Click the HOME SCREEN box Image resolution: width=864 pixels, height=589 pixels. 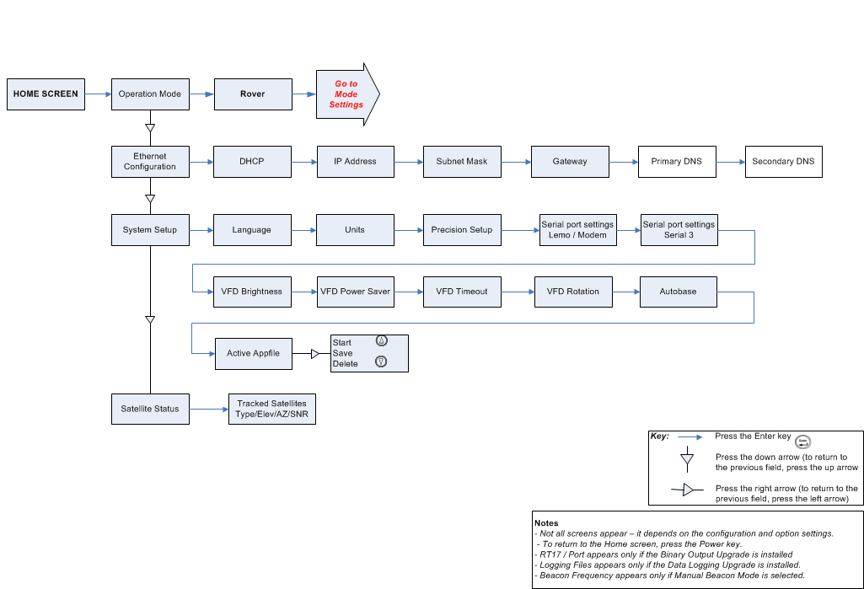point(46,94)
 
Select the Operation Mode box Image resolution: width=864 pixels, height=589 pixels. point(150,94)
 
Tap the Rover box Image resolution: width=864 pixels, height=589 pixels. point(253,94)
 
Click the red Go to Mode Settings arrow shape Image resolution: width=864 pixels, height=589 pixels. point(347,94)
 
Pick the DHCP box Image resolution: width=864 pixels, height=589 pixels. point(252,162)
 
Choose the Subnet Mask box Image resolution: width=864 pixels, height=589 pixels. point(462,162)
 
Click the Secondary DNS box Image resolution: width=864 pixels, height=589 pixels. point(784,162)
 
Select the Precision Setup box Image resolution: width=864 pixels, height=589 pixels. point(462,230)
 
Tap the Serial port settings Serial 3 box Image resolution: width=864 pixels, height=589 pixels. point(679,230)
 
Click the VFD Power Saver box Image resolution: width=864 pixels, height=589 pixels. point(356,292)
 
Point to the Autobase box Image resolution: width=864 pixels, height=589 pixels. point(679,292)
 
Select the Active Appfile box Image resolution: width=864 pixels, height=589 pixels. point(254,354)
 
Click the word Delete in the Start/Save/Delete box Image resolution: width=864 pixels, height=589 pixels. point(345,364)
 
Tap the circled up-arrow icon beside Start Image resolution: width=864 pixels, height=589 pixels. point(381,341)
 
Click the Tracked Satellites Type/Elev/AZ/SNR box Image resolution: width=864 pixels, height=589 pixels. point(272,409)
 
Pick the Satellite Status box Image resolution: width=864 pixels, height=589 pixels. point(150,409)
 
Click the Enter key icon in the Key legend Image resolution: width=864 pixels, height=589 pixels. point(802,442)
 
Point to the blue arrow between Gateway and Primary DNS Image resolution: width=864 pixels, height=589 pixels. point(624,162)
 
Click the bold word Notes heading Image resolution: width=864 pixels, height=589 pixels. point(546,523)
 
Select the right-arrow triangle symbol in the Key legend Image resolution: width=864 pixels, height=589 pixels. point(687,490)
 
